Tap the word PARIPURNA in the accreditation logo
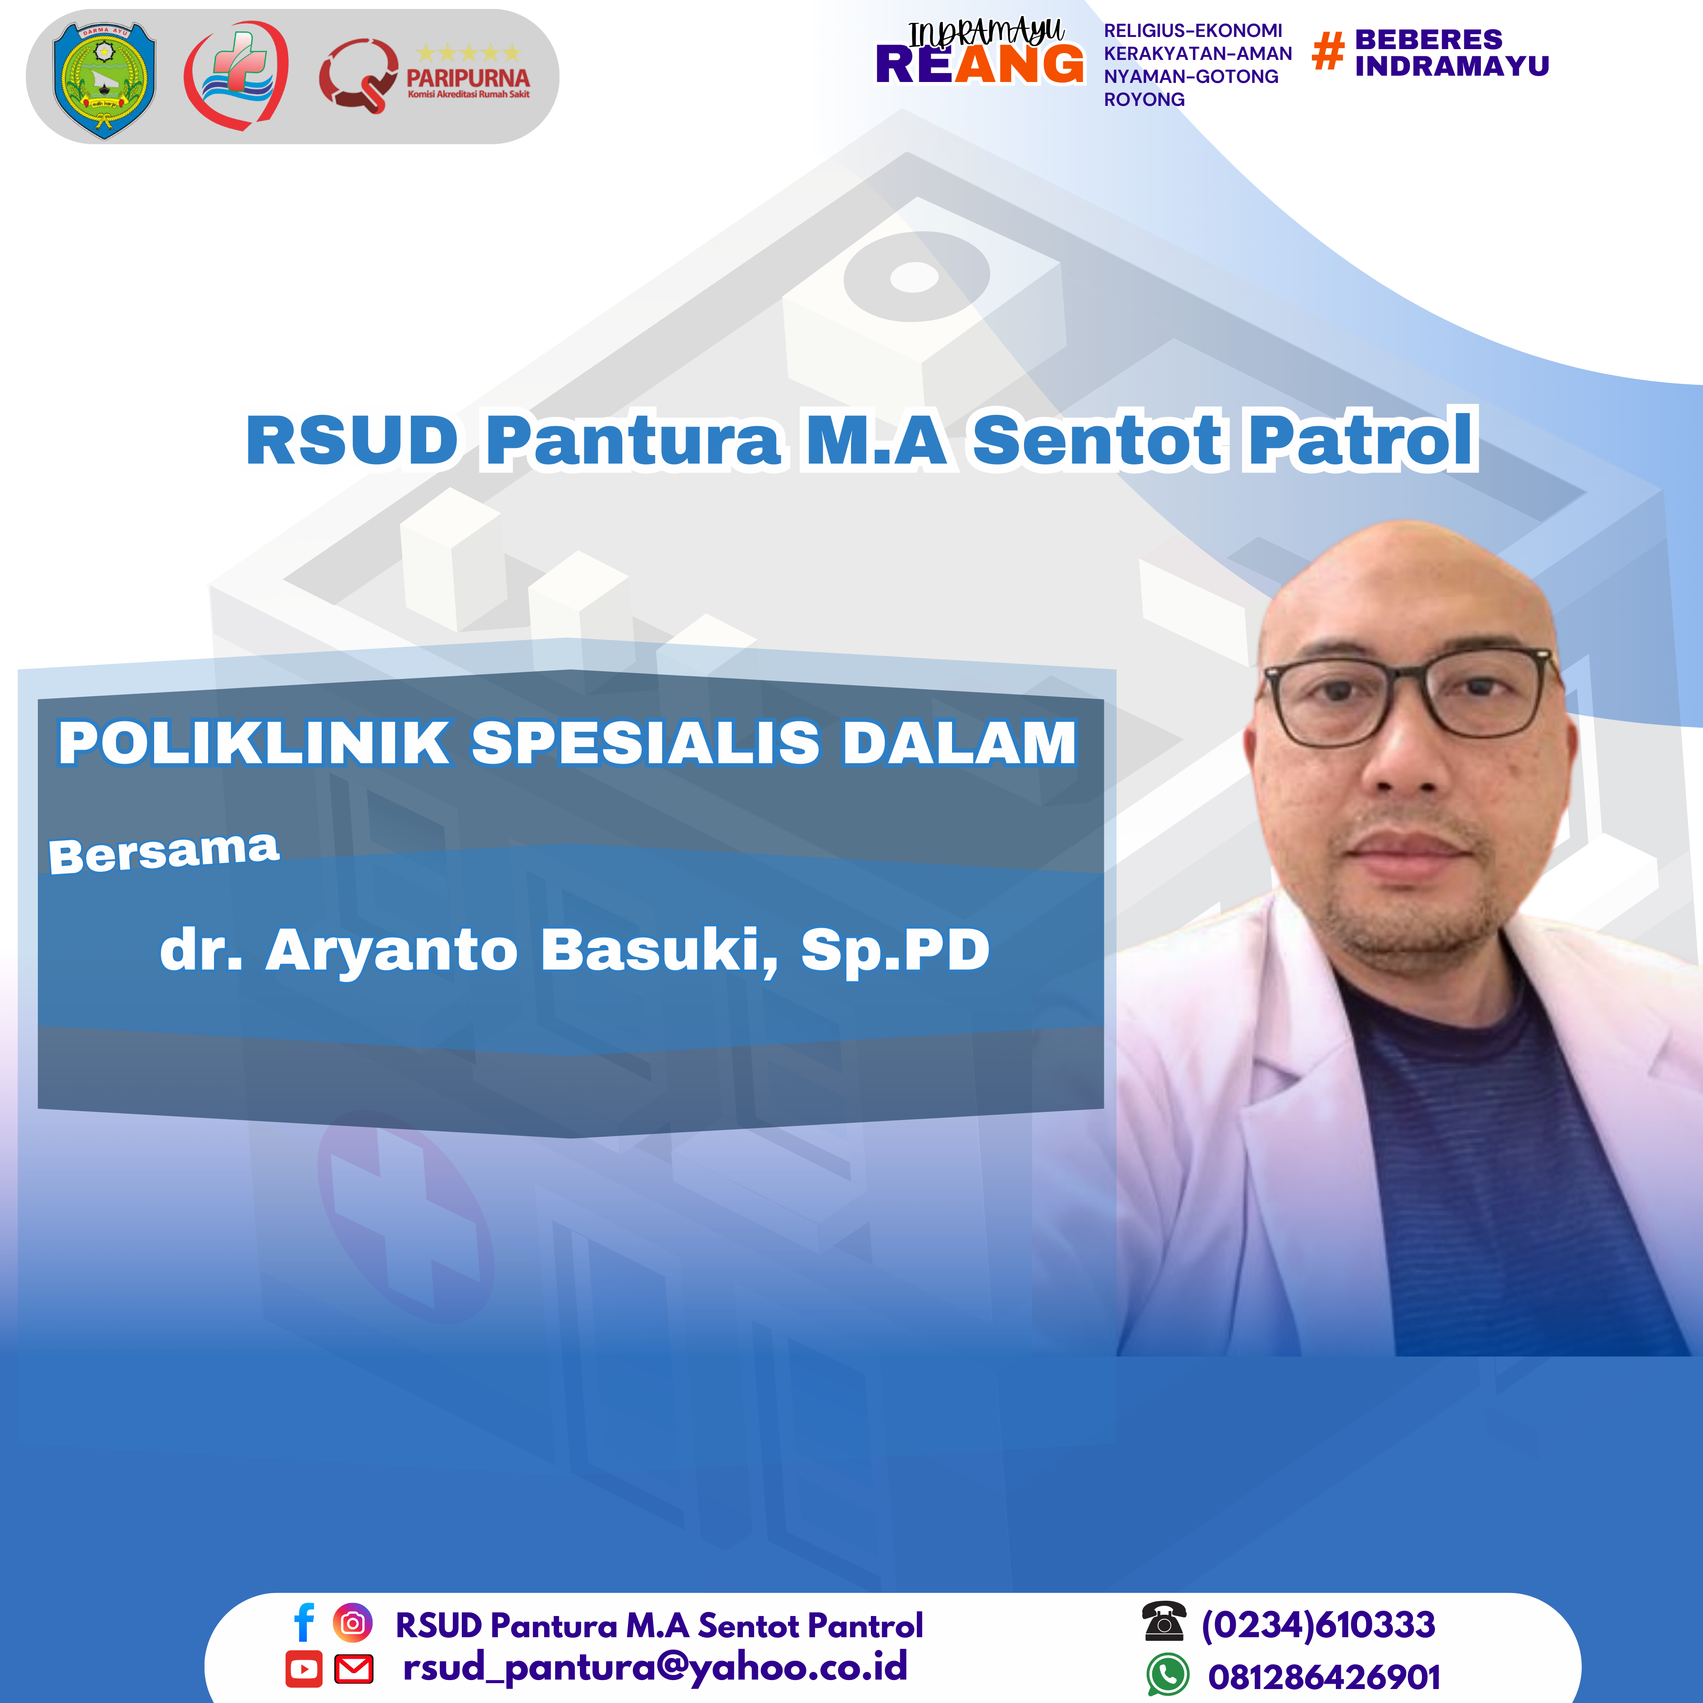pyautogui.click(x=468, y=77)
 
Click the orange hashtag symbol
pyautogui.click(x=1328, y=50)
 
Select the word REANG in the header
pyautogui.click(x=979, y=64)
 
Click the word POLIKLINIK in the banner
pyautogui.click(x=254, y=742)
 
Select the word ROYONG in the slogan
pyautogui.click(x=1144, y=100)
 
